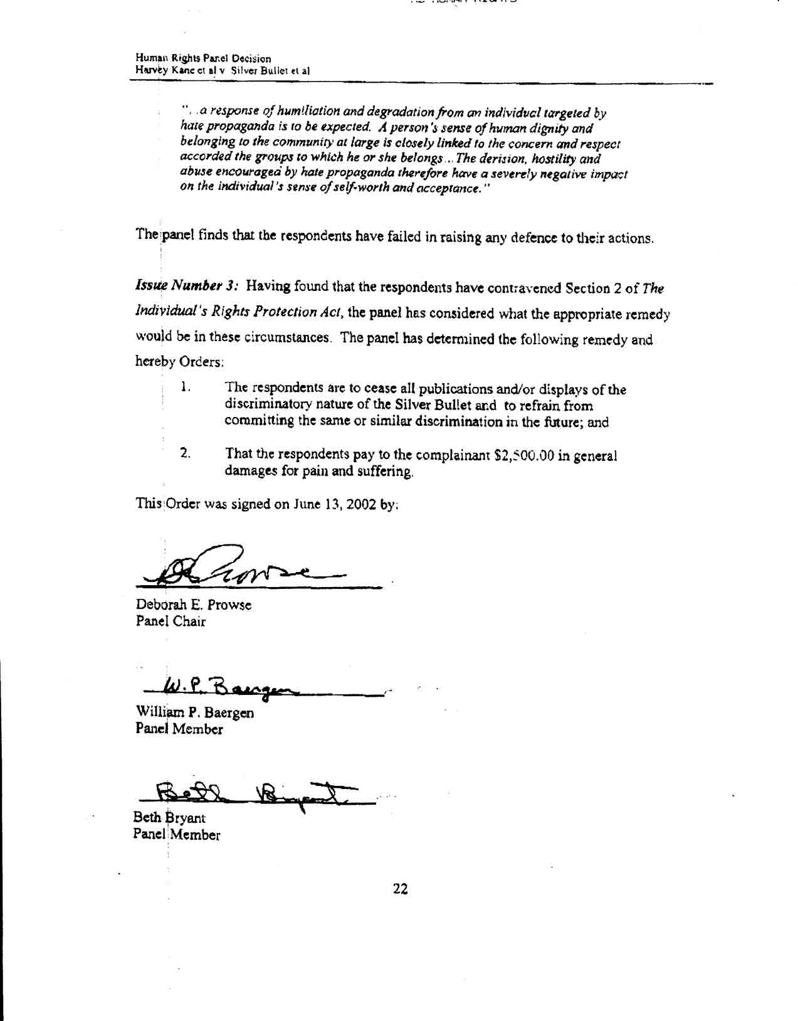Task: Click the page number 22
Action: [x=400, y=888]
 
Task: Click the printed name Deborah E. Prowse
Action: [x=194, y=605]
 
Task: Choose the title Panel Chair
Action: [x=171, y=622]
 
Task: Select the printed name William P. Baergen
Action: [x=195, y=712]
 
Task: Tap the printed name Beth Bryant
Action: [x=169, y=818]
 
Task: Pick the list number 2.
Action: [x=185, y=453]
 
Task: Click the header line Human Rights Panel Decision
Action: [x=203, y=58]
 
